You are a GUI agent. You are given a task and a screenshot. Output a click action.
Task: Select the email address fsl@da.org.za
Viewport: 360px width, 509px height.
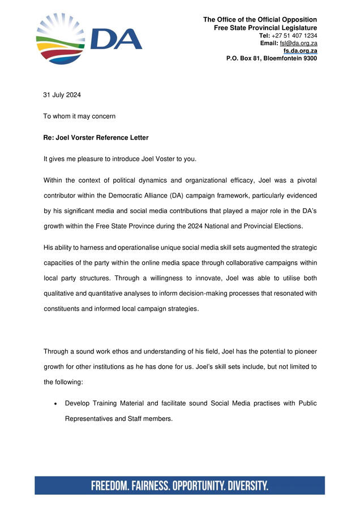(x=298, y=44)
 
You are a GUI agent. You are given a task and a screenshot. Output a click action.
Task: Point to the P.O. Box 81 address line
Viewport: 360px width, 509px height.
(x=271, y=58)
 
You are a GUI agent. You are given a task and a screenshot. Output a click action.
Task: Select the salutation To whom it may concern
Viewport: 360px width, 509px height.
(x=79, y=117)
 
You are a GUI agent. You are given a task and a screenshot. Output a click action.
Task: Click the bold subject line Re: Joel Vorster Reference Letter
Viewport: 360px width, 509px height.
(x=96, y=137)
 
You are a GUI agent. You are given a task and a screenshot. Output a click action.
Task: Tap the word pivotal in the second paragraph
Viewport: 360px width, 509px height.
(x=304, y=180)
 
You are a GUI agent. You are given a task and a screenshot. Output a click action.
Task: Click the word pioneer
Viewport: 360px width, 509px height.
(x=303, y=351)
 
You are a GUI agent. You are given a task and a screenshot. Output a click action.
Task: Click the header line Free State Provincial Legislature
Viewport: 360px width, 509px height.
(x=265, y=28)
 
